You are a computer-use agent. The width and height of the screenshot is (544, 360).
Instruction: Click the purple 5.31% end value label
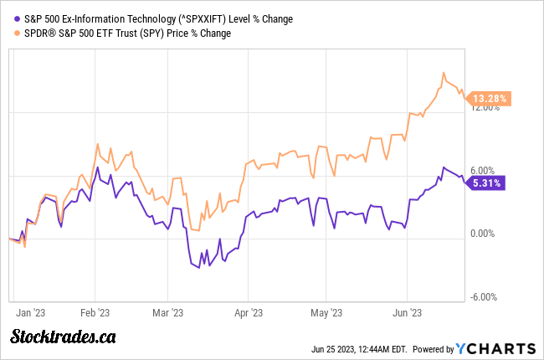(486, 182)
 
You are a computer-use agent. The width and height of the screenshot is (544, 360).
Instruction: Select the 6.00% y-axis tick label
(487, 170)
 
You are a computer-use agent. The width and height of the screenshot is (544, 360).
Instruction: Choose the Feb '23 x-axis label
(95, 312)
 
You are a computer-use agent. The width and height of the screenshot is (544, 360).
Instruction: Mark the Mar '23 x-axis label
(167, 312)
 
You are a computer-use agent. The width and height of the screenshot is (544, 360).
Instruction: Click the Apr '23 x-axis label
(248, 312)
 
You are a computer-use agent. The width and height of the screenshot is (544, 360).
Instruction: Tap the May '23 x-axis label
(326, 312)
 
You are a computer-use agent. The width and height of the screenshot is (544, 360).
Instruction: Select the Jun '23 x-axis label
(406, 312)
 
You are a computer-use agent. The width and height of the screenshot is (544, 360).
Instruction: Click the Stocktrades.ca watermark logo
(63, 337)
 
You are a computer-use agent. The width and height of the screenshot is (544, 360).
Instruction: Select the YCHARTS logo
(496, 348)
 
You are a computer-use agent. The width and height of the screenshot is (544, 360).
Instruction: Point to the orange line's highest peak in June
(444, 73)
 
